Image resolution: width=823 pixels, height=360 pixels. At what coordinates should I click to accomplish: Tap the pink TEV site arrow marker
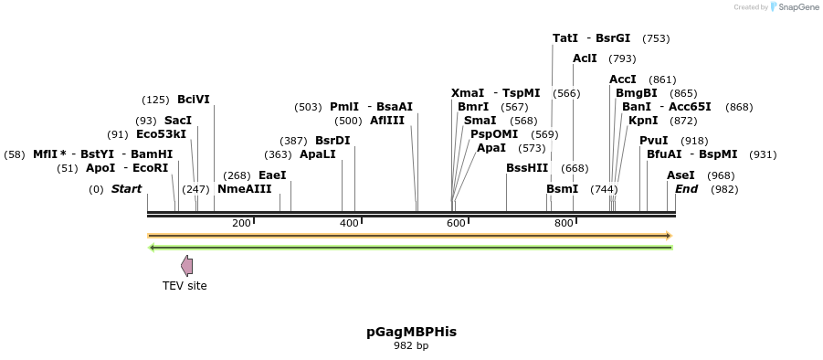click(x=186, y=266)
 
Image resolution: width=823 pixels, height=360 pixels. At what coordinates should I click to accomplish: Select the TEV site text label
click(x=185, y=286)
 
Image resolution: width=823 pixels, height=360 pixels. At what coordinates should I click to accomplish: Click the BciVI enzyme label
click(x=194, y=100)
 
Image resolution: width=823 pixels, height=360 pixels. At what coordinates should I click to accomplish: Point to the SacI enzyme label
click(x=178, y=121)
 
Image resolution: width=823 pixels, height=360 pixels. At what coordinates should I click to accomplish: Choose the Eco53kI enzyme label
click(x=161, y=134)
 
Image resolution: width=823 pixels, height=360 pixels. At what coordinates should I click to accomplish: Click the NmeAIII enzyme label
click(x=244, y=189)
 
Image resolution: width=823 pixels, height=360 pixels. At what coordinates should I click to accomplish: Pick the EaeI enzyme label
click(x=272, y=175)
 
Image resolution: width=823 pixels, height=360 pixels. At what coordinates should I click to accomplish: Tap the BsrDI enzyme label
click(x=332, y=141)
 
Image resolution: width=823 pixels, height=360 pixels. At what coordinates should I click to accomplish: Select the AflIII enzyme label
click(x=387, y=121)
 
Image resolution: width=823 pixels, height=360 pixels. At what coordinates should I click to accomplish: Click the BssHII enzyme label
click(x=527, y=168)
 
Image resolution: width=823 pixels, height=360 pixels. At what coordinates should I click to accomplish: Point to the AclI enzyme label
click(x=585, y=58)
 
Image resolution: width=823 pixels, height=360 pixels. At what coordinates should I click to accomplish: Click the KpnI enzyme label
click(x=643, y=121)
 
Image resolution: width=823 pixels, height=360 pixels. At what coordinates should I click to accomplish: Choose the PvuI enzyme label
click(x=653, y=141)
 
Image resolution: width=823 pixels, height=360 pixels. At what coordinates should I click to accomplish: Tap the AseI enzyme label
click(x=681, y=175)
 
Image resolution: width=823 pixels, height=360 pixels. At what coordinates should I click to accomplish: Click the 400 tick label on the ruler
click(x=349, y=224)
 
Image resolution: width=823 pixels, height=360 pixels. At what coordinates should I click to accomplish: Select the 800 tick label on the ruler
click(x=564, y=224)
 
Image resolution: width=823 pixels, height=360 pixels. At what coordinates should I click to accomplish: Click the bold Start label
click(x=127, y=189)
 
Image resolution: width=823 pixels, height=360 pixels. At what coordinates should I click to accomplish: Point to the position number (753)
click(x=656, y=38)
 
